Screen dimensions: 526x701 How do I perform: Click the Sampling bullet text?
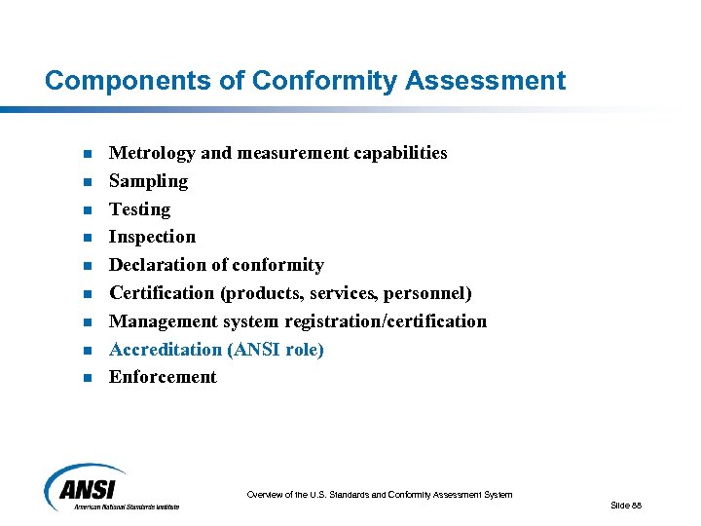click(148, 181)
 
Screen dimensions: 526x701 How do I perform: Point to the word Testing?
click(139, 209)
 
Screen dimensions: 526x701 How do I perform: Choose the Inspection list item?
click(152, 237)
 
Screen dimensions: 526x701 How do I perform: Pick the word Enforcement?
click(163, 377)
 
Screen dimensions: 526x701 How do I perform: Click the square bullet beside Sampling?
click(87, 182)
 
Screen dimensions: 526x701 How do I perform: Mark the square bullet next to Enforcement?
click(87, 378)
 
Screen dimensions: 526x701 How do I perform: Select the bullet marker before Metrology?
click(87, 154)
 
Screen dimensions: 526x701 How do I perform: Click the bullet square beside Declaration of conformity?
click(87, 266)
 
